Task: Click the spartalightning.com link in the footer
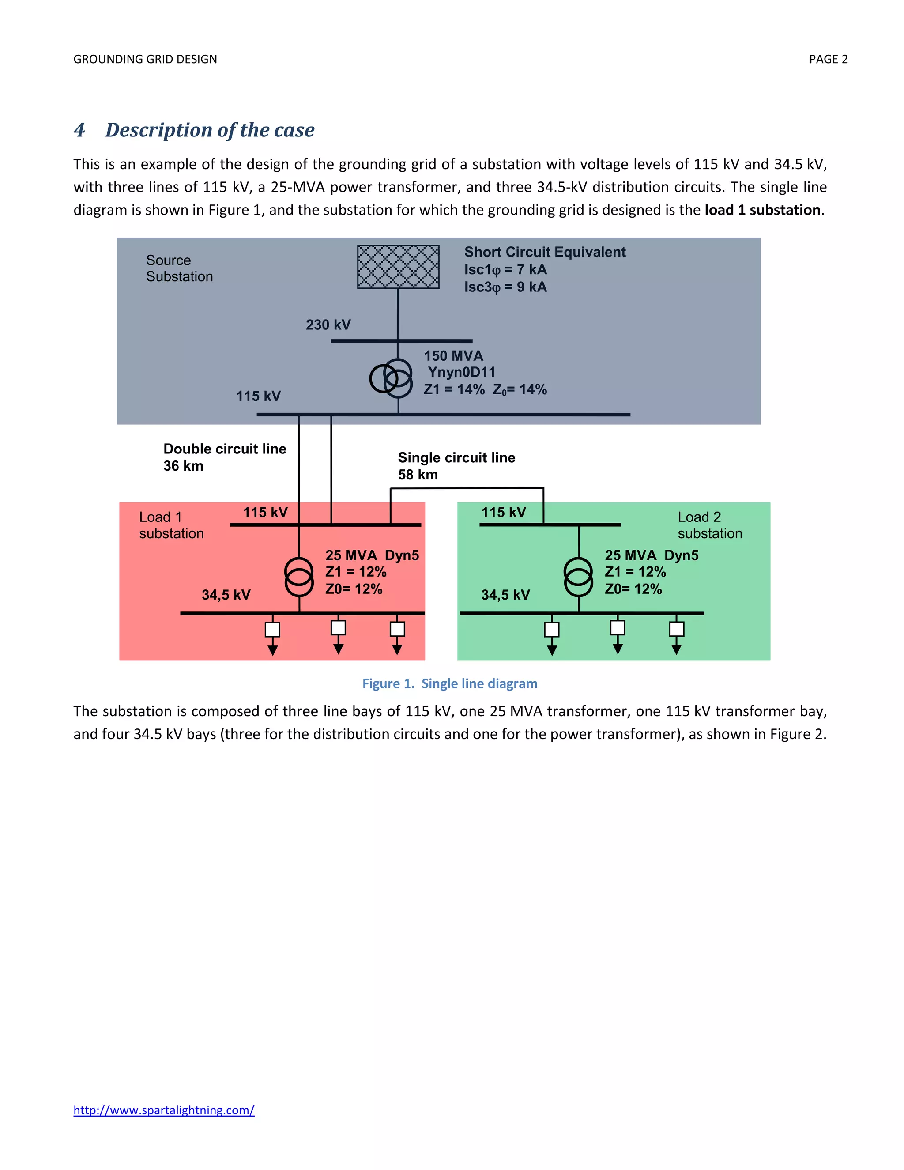(x=164, y=1110)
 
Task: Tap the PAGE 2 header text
(x=828, y=60)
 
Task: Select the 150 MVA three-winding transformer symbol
(x=392, y=378)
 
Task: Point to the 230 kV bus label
(x=328, y=325)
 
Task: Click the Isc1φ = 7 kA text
(x=505, y=269)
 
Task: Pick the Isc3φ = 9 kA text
(x=505, y=287)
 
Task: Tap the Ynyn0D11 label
(x=461, y=372)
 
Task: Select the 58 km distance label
(x=418, y=475)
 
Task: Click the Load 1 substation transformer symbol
(x=299, y=577)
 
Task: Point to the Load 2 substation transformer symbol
(x=578, y=577)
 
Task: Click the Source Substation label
(x=179, y=268)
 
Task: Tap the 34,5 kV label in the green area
(x=505, y=595)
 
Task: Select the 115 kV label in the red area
(x=265, y=512)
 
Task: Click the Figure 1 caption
(x=450, y=683)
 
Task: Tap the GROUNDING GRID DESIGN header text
(x=145, y=60)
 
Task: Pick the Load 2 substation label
(x=710, y=525)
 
